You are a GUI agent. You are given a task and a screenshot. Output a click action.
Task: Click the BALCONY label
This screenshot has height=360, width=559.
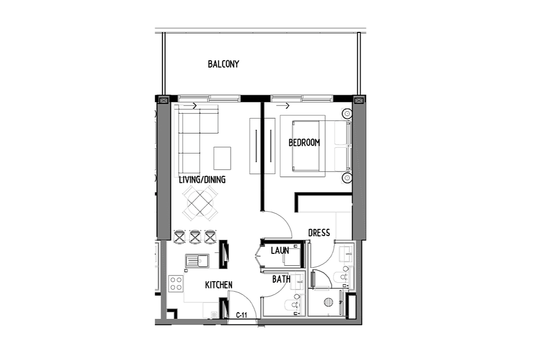coord(223,64)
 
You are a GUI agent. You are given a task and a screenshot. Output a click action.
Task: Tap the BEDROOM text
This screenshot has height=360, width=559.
coord(304,143)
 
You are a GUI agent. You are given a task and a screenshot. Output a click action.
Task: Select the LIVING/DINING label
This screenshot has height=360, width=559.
coord(202,179)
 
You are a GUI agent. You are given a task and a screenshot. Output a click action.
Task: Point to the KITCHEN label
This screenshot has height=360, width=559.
coord(219,285)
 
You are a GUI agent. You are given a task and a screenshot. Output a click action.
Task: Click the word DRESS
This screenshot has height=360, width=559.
coord(319,233)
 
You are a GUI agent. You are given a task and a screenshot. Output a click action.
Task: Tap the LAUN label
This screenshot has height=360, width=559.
coord(280,250)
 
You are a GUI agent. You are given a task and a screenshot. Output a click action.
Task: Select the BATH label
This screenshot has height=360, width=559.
coord(281,279)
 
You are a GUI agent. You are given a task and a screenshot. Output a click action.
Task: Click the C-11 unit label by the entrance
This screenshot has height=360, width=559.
coord(241,315)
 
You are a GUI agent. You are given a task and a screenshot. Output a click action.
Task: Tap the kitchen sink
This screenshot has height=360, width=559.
coord(197,261)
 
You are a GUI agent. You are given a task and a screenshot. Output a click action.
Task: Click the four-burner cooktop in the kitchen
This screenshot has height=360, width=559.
coord(176,284)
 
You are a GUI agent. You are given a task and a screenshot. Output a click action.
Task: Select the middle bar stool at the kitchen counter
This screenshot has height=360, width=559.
coord(195,237)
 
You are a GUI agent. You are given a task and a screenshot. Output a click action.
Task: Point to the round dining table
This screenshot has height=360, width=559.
coord(200,202)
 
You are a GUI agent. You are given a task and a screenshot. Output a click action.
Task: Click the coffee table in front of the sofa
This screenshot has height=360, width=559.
coord(222,158)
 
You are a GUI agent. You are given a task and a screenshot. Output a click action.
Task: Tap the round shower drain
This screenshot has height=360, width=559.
coord(328,302)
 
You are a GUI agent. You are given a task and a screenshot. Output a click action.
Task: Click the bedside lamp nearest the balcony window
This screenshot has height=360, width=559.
coord(347,114)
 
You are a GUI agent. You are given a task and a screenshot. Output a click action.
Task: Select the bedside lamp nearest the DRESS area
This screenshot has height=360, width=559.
coord(347,177)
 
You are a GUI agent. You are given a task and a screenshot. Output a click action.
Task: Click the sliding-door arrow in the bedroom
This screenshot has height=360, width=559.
coord(283,106)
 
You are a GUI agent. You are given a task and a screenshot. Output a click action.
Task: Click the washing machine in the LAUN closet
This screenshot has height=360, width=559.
coord(292,255)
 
